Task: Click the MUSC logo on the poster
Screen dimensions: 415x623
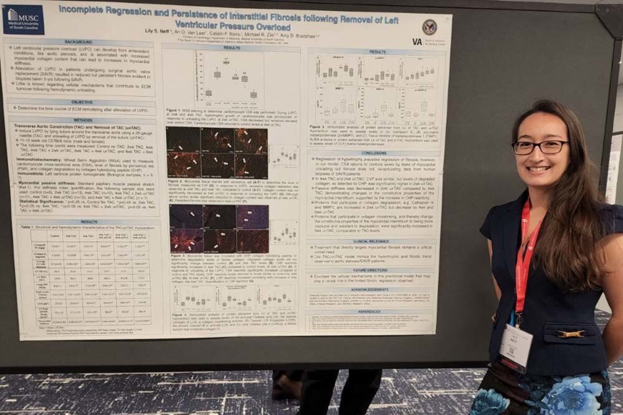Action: [x=23, y=19]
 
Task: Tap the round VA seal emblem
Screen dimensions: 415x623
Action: [x=429, y=27]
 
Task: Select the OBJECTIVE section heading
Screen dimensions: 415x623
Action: [x=81, y=102]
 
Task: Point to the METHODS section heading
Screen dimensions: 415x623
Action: [x=82, y=120]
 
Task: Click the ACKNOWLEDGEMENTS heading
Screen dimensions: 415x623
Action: [x=369, y=290]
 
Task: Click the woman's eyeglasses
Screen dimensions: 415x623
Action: [x=540, y=147]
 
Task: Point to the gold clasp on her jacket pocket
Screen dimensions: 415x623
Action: [x=571, y=334]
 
